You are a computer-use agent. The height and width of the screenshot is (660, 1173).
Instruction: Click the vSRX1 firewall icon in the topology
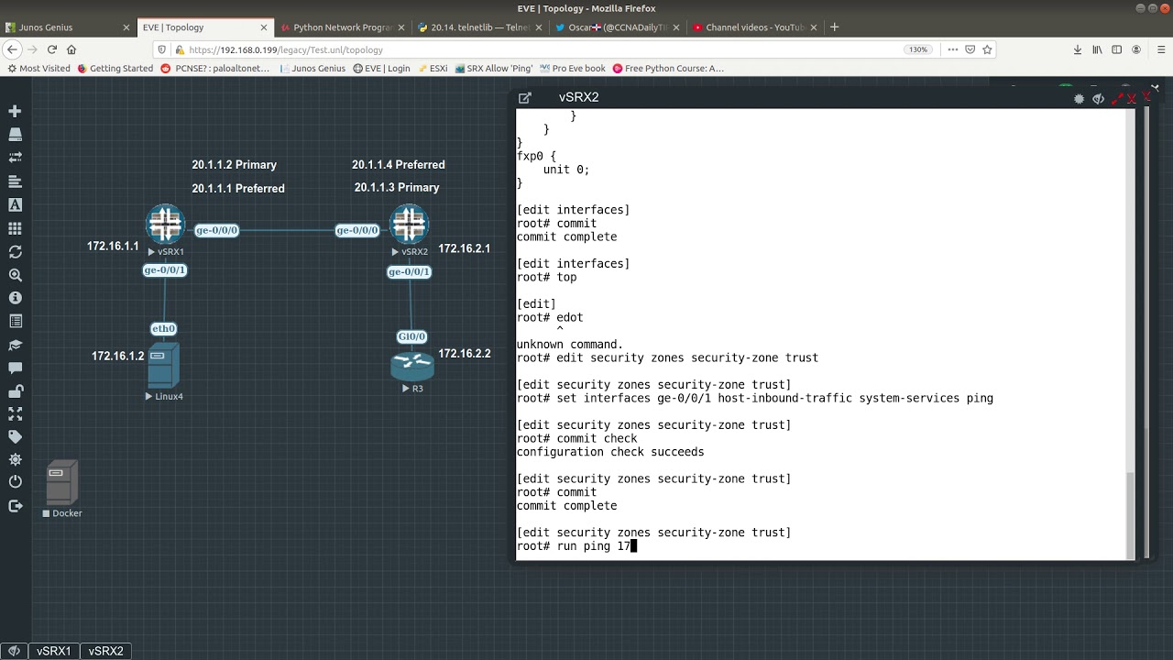[x=166, y=225]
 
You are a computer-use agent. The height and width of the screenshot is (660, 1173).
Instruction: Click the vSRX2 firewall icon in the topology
[x=410, y=225]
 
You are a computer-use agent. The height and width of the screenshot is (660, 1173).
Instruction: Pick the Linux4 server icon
[x=163, y=366]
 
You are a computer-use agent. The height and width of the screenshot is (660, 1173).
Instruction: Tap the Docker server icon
[x=61, y=482]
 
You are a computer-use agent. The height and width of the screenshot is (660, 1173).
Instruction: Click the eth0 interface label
[x=163, y=328]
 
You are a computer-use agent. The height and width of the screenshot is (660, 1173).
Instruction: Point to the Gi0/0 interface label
[x=411, y=336]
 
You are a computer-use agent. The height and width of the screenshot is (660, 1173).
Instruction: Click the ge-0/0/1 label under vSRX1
[x=164, y=270]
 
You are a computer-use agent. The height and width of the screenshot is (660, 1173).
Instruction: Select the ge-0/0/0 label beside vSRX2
[x=356, y=230]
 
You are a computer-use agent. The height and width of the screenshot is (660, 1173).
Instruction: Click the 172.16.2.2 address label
[x=464, y=354]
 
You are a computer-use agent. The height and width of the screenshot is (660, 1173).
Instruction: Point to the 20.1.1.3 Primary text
[x=397, y=188]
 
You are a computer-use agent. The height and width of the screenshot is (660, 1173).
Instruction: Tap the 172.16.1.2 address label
[x=117, y=356]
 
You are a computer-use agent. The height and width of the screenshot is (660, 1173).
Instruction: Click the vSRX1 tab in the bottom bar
[x=54, y=651]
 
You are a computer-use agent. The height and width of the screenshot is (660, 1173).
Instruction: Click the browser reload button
[x=52, y=49]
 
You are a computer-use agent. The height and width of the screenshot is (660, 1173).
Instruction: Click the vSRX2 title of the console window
[x=578, y=97]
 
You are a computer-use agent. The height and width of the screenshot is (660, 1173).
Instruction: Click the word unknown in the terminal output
[x=540, y=345]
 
